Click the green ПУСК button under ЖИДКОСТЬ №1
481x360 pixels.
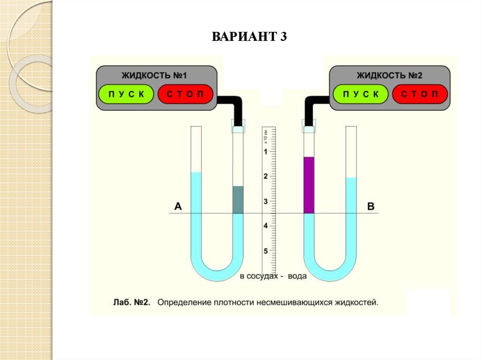pyautogui.click(x=126, y=94)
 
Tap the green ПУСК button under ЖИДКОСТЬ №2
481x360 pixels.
pyautogui.click(x=361, y=94)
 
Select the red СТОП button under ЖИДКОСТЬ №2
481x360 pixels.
pyautogui.click(x=420, y=94)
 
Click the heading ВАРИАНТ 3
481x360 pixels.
pyautogui.click(x=249, y=37)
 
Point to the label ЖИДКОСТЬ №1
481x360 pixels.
pyautogui.click(x=155, y=75)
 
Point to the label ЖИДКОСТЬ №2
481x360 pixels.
pyautogui.click(x=390, y=75)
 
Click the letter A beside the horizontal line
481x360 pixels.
pyautogui.click(x=178, y=206)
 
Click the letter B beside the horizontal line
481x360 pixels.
pyautogui.click(x=371, y=206)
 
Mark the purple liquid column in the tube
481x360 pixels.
pyautogui.click(x=308, y=185)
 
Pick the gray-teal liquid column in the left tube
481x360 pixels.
pyautogui.click(x=238, y=200)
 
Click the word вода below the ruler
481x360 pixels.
pyautogui.click(x=297, y=276)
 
